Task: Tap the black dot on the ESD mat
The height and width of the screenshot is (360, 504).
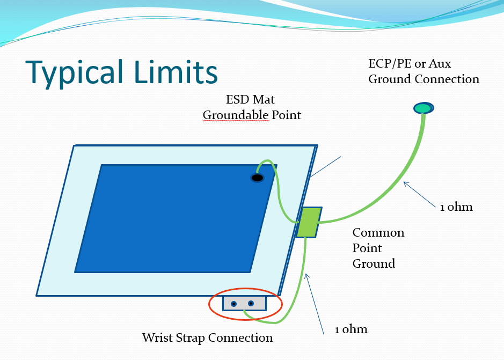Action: (x=257, y=178)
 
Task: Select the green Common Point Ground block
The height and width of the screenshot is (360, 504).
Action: (x=309, y=223)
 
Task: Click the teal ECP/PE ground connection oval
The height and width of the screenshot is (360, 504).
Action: (x=423, y=108)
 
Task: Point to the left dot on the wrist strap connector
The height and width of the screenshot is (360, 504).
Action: (x=233, y=304)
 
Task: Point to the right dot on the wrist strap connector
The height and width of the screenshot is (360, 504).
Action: (x=251, y=303)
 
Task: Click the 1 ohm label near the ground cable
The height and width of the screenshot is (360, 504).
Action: (x=456, y=207)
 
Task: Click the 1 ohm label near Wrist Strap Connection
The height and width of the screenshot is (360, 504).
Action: (x=351, y=329)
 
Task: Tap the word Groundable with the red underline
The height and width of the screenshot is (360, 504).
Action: (x=236, y=115)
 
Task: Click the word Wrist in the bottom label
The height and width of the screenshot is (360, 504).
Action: (x=156, y=337)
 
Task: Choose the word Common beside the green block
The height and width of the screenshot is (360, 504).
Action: (x=378, y=232)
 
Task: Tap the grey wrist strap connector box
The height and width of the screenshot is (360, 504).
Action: (x=245, y=303)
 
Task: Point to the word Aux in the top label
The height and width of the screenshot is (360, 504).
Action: (x=440, y=64)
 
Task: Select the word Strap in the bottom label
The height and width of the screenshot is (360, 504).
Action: (x=189, y=338)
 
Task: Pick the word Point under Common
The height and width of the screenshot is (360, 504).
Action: (x=367, y=248)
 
